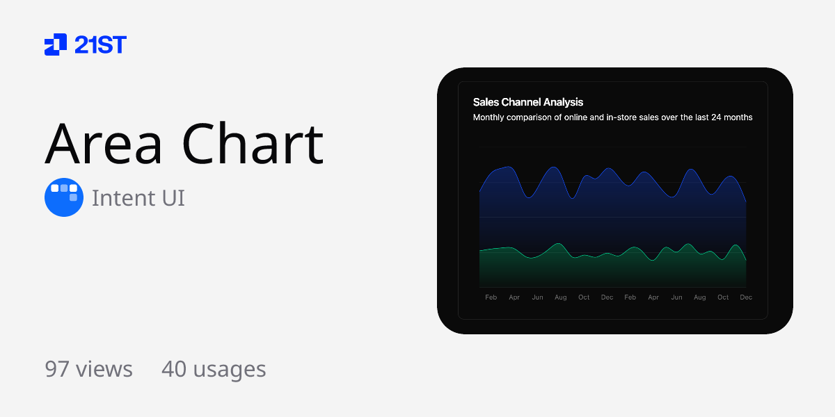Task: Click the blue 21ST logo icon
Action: coord(56,44)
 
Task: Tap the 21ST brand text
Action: coord(100,44)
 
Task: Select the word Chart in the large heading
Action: coord(253,145)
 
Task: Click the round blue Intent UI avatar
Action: coord(64,197)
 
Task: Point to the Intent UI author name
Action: coord(138,198)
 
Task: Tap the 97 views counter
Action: coord(88,369)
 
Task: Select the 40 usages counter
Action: coord(214,369)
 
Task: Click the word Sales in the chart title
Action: coord(486,102)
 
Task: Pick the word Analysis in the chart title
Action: coord(560,102)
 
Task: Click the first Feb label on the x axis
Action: coord(491,297)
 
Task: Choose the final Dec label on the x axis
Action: coord(746,297)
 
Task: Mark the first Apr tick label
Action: coord(514,297)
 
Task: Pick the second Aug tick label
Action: coord(700,297)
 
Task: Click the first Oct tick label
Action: coord(584,297)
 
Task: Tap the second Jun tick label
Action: coord(676,297)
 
